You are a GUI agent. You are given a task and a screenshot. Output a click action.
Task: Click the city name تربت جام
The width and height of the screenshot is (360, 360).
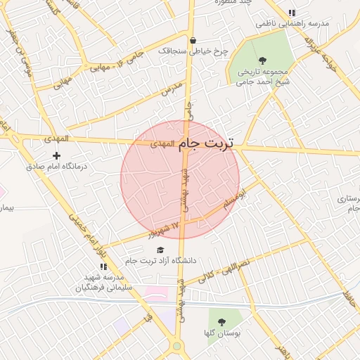[x=207, y=143]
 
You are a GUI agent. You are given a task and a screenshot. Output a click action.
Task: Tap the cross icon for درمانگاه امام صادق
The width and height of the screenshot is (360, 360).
[x=57, y=155]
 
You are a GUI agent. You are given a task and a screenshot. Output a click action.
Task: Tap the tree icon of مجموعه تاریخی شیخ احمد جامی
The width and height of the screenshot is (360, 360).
[x=262, y=60]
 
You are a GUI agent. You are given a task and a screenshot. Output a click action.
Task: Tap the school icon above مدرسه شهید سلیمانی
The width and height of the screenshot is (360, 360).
[x=103, y=267]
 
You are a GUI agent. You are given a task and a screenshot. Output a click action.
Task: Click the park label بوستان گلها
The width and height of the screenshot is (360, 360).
[x=222, y=333]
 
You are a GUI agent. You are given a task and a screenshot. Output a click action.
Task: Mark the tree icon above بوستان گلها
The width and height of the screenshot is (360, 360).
[x=222, y=321]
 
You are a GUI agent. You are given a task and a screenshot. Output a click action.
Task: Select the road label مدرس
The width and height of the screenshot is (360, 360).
[x=172, y=88]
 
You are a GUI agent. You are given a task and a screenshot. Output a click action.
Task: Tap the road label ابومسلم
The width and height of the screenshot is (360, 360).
[x=234, y=198]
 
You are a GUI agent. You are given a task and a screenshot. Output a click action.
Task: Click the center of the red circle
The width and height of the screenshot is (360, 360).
[x=180, y=179]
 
